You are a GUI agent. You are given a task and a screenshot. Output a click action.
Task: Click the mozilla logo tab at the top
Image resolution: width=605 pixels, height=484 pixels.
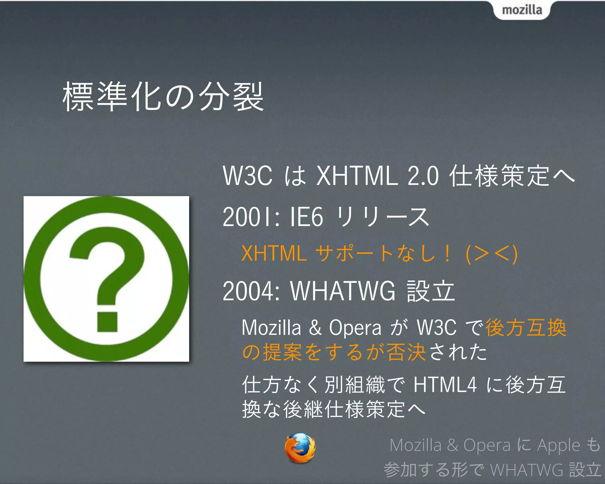(522, 10)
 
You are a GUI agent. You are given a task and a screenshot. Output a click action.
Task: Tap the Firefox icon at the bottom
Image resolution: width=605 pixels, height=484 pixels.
(300, 448)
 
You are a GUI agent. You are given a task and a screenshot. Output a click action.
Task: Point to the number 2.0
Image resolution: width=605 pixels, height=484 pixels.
(423, 176)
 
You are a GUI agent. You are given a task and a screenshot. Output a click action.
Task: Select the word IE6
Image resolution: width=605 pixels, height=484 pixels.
(306, 217)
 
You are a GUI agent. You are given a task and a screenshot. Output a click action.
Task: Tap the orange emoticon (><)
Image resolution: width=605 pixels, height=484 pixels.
(491, 254)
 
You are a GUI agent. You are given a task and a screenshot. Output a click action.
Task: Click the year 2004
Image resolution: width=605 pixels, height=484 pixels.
(248, 291)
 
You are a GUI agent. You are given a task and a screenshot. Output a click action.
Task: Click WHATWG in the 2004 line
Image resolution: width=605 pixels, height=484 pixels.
(343, 291)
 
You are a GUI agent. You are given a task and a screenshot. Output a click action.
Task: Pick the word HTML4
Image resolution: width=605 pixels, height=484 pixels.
(445, 385)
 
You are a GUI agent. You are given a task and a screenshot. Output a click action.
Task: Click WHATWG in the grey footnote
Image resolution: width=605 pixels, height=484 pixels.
(526, 470)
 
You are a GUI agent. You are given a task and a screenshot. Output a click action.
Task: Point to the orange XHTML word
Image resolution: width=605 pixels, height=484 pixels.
(274, 254)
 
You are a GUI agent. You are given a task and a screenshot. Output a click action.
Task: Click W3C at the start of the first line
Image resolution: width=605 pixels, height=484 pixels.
(248, 176)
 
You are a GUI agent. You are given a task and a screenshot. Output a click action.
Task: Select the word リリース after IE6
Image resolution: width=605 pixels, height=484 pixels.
(383, 217)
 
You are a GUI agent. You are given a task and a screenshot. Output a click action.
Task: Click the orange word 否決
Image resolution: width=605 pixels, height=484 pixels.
(406, 352)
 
